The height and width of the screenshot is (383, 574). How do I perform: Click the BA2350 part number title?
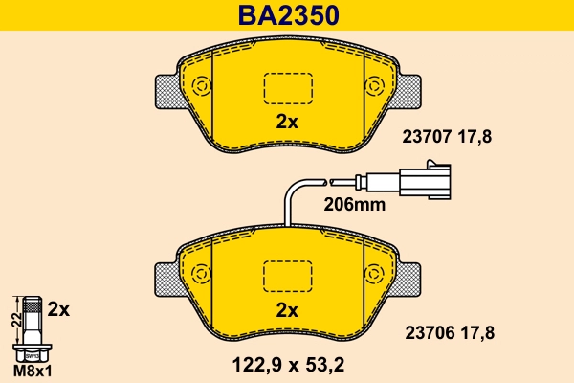[x=287, y=16]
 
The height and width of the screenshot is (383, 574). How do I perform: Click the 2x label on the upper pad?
[x=287, y=122]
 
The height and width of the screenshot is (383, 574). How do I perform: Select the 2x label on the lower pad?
[x=287, y=309]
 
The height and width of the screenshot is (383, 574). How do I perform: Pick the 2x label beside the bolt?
[x=59, y=309]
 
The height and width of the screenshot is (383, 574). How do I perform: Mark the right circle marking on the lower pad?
[x=375, y=274]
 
